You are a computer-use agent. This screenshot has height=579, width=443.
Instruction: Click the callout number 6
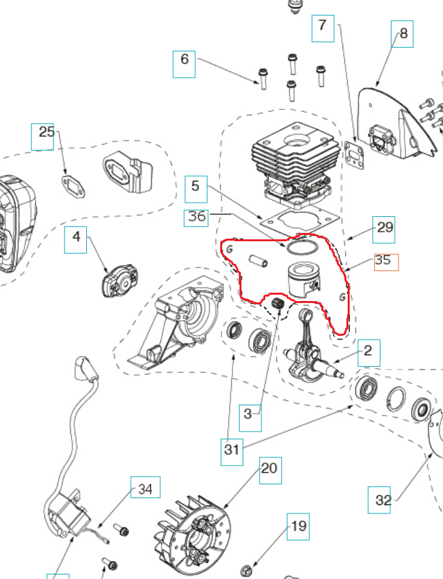184,60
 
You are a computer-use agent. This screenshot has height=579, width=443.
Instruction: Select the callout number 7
323,27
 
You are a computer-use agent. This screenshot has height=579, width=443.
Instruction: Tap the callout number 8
403,33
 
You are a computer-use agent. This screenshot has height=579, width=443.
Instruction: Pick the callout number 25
46,133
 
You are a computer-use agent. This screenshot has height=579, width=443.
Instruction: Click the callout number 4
76,237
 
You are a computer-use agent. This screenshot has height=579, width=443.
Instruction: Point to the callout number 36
197,217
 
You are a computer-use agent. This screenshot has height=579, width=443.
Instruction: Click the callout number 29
384,228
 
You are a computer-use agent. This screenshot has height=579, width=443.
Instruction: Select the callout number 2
368,351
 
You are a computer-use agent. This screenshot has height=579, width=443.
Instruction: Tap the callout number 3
248,415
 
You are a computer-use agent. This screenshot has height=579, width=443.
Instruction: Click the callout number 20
269,468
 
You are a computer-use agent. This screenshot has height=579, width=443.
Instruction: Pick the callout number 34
145,490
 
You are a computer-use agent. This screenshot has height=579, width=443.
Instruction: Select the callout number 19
299,527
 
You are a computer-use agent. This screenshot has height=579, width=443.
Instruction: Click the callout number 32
382,500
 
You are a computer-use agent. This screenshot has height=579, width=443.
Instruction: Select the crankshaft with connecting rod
308,351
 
